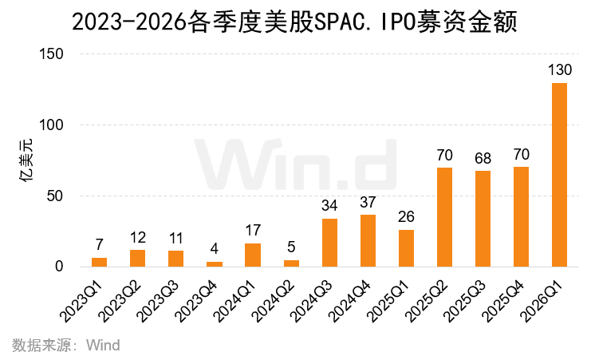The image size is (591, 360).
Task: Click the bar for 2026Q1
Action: [x=559, y=175]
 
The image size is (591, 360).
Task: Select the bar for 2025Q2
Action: [x=444, y=217]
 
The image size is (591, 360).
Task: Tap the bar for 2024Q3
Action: [x=329, y=243]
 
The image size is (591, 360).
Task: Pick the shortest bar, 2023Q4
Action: [x=215, y=263]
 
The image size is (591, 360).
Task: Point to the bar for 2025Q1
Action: [x=406, y=248]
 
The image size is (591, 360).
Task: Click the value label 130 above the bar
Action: [x=559, y=70]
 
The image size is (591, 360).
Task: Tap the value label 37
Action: [x=368, y=202]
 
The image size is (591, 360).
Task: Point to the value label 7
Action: [x=100, y=245]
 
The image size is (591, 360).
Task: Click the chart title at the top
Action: [x=295, y=22]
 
